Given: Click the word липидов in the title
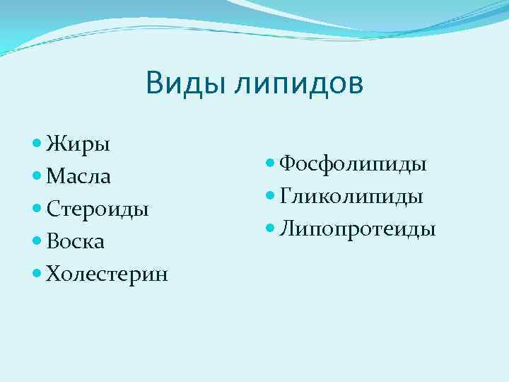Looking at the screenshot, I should click(300, 83).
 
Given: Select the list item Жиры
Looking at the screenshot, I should click(78, 145).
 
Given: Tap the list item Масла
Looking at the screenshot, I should click(78, 176).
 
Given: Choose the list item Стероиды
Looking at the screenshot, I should click(97, 209).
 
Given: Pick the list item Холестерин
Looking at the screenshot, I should click(107, 274).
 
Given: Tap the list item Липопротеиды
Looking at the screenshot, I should click(357, 229).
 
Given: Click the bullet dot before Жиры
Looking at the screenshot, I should click(37, 144).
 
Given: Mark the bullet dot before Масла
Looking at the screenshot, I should click(37, 176).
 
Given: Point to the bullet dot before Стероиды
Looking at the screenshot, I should click(37, 209).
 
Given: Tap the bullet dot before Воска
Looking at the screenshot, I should click(37, 241).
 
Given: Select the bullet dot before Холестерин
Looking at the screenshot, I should click(37, 274).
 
